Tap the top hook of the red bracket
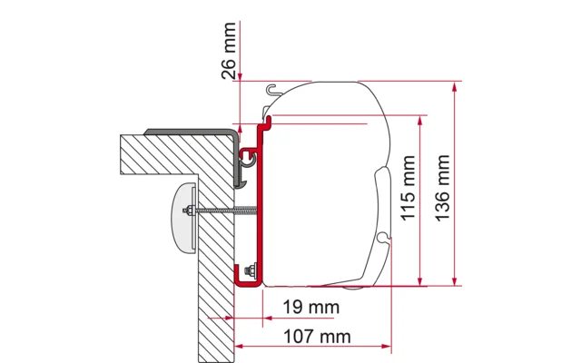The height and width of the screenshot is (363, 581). coord(270,121)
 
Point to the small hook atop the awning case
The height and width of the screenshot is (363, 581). coord(273,88)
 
